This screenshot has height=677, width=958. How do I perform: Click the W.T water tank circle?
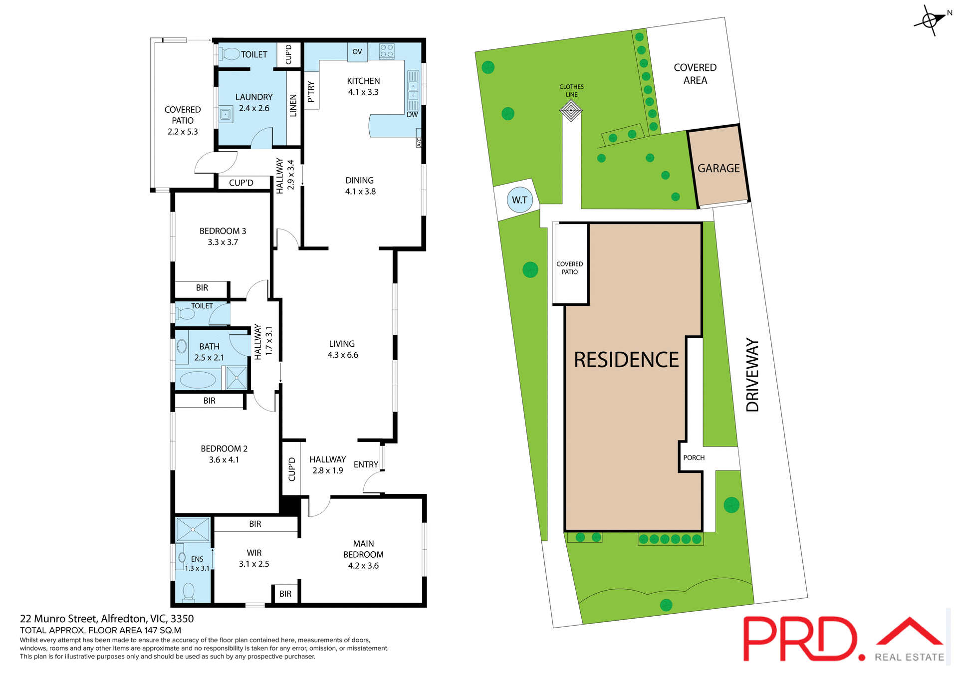point(519,200)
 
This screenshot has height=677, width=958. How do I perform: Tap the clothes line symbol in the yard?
point(571,110)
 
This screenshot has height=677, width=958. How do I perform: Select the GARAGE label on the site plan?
point(718,169)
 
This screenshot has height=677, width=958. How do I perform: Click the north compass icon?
point(930,20)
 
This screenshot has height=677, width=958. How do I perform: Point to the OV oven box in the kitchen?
point(357,52)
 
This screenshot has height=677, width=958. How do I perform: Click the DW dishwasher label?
point(412,115)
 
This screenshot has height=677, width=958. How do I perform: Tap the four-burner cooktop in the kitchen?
point(387,51)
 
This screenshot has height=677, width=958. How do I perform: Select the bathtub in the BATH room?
point(198,380)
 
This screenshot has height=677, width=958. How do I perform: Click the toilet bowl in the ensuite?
point(189,592)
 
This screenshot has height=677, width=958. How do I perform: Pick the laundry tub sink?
point(226,115)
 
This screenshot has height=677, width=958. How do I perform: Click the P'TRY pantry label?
point(311,92)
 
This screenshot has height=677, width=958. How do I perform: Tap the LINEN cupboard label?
point(293,106)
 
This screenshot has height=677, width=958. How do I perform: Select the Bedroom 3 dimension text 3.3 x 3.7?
point(223,242)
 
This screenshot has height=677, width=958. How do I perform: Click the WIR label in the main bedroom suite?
point(254,553)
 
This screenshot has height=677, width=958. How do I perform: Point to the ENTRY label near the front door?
point(366,464)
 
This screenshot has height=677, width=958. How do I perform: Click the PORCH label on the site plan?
point(694,458)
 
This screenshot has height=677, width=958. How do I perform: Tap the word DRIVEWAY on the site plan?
point(752,375)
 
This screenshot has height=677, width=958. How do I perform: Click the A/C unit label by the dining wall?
point(419,142)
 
